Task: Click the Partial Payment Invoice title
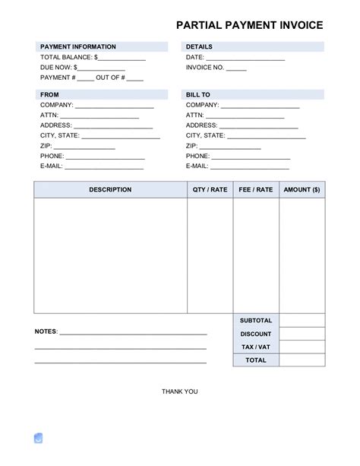249,25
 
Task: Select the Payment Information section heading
77,47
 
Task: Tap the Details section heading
199,47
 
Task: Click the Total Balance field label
67,57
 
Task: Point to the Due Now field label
57,67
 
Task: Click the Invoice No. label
205,67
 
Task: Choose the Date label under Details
194,57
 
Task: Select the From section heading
49,94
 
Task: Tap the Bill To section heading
198,94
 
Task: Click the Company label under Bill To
203,105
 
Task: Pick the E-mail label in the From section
52,165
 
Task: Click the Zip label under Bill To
191,145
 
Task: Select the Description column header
110,190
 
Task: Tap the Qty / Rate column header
210,190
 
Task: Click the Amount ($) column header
302,190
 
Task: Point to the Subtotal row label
255,321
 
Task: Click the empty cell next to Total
302,360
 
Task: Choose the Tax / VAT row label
255,347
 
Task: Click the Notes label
46,332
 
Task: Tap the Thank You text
179,392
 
